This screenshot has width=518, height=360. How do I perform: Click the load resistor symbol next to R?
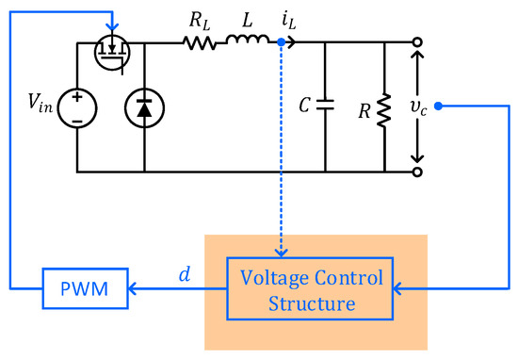point(385,107)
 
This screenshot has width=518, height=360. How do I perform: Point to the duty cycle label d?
point(185,276)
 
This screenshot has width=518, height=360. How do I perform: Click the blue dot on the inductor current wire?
point(282,42)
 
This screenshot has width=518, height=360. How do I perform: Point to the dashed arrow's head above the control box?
point(282,252)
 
